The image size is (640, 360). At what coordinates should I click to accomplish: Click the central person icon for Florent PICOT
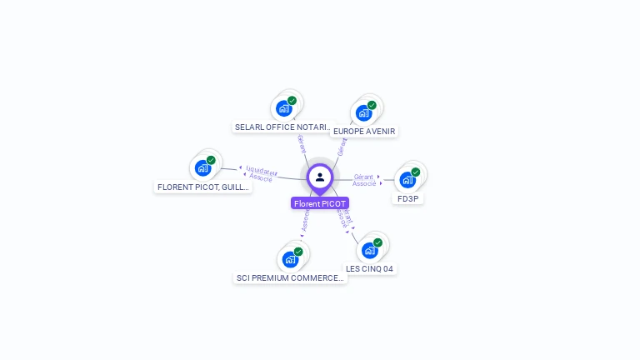(x=320, y=177)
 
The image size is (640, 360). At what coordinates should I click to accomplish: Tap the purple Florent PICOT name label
(x=320, y=203)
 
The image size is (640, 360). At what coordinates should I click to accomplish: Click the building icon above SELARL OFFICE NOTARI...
(x=284, y=108)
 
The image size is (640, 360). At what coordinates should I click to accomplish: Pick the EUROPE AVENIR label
(x=364, y=131)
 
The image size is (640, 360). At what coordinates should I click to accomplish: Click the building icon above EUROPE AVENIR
(x=363, y=112)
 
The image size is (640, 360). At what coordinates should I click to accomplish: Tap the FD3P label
(x=407, y=198)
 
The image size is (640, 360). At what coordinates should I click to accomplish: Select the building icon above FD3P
(x=407, y=179)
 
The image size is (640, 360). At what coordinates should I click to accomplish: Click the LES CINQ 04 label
(x=369, y=268)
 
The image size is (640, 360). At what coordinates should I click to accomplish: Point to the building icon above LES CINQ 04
(x=369, y=250)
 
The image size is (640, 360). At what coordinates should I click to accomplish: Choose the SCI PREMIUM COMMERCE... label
(x=289, y=277)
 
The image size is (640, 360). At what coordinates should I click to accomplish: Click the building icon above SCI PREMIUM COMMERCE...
(x=290, y=258)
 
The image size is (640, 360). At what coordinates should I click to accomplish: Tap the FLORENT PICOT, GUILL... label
(x=203, y=187)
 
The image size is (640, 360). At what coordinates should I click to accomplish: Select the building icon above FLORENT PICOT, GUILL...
(x=202, y=167)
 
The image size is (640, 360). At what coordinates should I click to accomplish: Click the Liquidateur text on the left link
(x=262, y=171)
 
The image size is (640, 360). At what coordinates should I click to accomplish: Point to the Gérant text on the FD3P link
(x=363, y=177)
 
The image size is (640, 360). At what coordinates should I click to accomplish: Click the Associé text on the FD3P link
(x=364, y=183)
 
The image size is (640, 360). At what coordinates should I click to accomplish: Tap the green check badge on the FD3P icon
(x=415, y=172)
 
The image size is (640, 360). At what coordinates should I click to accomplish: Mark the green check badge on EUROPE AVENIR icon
(x=372, y=106)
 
